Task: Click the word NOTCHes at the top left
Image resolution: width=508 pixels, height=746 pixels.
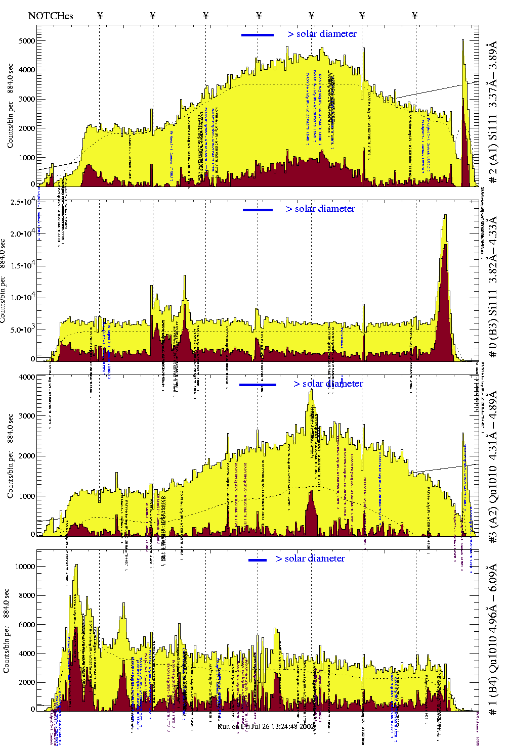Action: [51, 16]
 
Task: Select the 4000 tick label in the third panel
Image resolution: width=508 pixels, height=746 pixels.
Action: [27, 377]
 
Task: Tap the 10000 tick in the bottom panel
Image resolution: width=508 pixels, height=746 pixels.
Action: [25, 567]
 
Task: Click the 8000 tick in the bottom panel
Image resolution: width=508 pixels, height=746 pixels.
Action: [26, 595]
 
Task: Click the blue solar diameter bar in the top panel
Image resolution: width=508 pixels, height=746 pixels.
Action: [258, 35]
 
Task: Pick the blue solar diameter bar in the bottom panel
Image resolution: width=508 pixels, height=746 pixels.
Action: [258, 560]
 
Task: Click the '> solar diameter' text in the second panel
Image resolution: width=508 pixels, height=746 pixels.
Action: [320, 209]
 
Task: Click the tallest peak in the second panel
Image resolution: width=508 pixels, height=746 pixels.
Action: [445, 216]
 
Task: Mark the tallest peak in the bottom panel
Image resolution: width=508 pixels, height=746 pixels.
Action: [76, 566]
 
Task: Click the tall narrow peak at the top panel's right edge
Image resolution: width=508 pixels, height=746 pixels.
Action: [463, 41]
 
